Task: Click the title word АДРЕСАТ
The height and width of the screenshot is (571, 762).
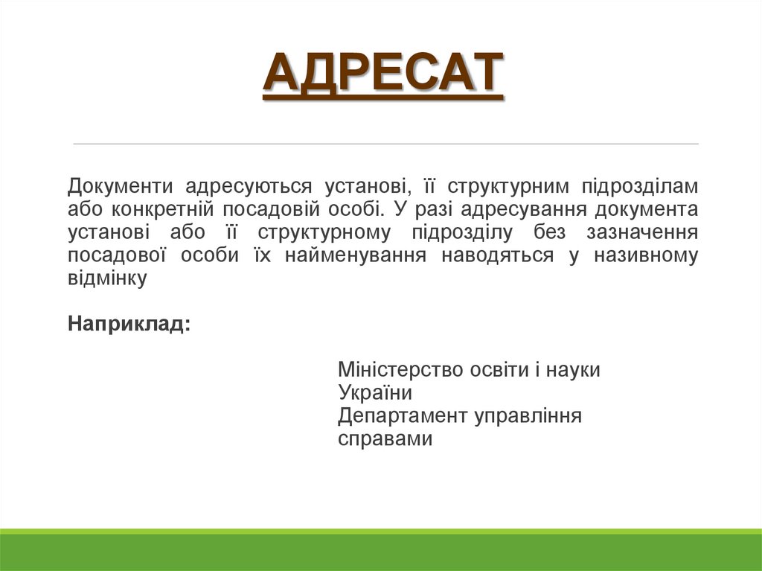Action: (382, 75)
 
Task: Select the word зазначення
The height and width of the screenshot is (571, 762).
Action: (642, 233)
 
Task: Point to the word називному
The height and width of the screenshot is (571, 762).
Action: (646, 256)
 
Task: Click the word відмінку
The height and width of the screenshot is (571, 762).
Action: (107, 279)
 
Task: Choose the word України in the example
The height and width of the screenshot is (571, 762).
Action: (374, 393)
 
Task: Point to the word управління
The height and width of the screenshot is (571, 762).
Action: (528, 416)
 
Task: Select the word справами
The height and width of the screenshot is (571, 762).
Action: (385, 439)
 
